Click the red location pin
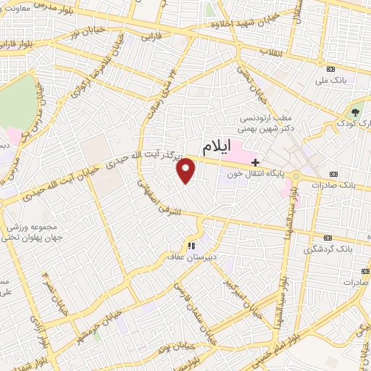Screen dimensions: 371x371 point(186,170)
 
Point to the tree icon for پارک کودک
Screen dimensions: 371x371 point(355,112)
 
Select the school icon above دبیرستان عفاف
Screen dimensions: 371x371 point(192,246)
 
